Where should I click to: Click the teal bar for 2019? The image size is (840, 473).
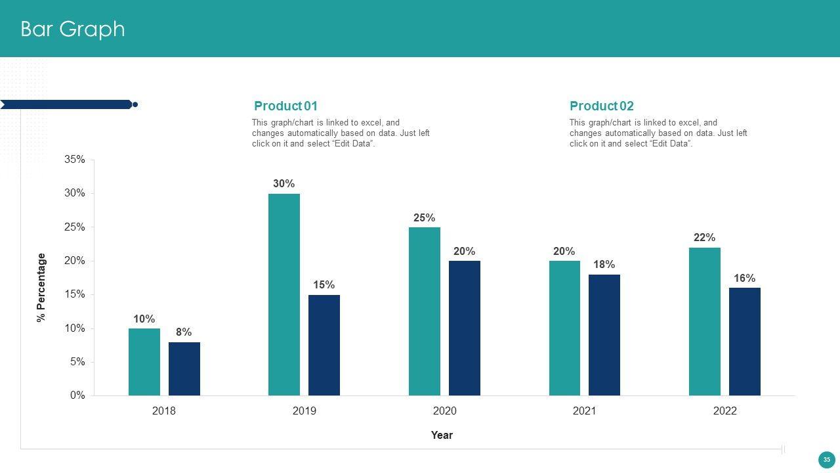[284, 294]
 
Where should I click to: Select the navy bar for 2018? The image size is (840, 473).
[184, 369]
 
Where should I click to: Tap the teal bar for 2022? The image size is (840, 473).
[705, 321]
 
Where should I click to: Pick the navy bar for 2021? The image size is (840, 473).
[604, 335]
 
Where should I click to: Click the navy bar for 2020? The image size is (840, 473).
[465, 328]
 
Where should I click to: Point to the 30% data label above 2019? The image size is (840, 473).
[284, 184]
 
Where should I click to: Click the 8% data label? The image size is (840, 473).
[184, 332]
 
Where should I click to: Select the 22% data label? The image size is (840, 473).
[705, 238]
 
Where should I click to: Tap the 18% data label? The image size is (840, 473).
[604, 265]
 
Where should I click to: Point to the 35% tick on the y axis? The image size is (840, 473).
[75, 160]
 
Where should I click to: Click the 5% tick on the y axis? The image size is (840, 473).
[77, 362]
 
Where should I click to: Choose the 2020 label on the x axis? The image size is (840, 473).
[444, 411]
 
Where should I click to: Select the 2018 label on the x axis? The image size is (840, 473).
[164, 411]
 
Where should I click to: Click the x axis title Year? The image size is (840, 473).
[442, 435]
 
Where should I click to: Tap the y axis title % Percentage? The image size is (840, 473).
[42, 287]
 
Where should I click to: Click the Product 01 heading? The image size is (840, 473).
[285, 106]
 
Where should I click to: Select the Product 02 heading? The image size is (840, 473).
[602, 106]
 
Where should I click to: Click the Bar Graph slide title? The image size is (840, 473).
[73, 29]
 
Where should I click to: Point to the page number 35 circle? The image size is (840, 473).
[826, 460]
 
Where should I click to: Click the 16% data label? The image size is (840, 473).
[745, 279]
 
